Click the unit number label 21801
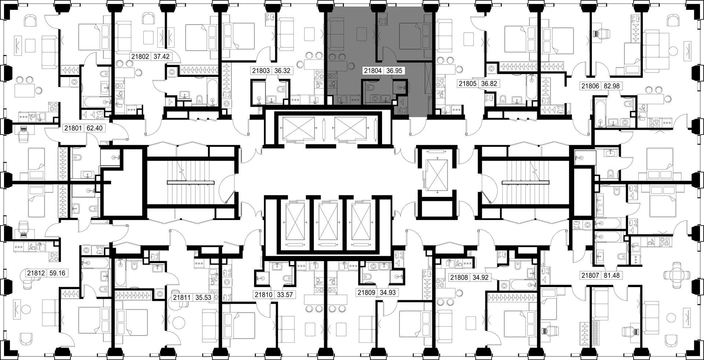click(x=73, y=128)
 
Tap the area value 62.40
click(x=94, y=128)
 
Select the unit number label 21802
click(x=140, y=57)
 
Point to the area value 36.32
click(x=282, y=71)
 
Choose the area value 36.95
click(x=393, y=71)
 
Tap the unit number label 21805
click(x=467, y=84)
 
